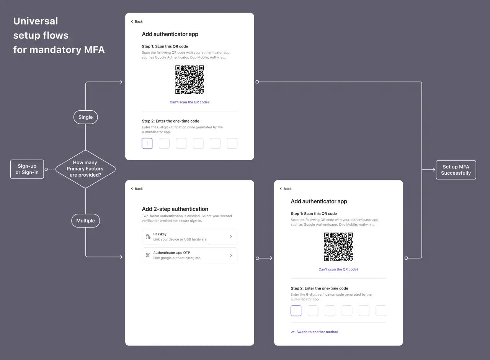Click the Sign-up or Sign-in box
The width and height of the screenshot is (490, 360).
pos(27,169)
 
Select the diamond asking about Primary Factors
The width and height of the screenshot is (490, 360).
pos(85,169)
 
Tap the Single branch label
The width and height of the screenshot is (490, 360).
pos(85,117)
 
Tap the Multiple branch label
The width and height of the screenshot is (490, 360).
pos(85,221)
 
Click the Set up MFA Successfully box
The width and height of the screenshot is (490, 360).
pos(456,170)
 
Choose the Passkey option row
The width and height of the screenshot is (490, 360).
pos(189,237)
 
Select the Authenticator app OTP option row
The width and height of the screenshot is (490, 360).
pos(189,255)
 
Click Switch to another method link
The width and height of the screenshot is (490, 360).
pos(317,332)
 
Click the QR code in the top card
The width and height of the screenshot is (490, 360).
pos(189,80)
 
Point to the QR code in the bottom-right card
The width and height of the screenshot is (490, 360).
pos(338,247)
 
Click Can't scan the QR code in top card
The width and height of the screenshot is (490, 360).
pos(189,102)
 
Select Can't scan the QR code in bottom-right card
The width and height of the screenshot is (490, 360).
pos(338,270)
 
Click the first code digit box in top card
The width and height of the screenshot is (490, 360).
pos(147,144)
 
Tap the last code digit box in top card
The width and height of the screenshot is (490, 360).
pos(232,144)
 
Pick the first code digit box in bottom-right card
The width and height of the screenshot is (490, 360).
pos(296,311)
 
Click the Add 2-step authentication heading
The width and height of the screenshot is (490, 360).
pos(175,209)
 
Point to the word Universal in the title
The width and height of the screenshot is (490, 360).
pos(36,21)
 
